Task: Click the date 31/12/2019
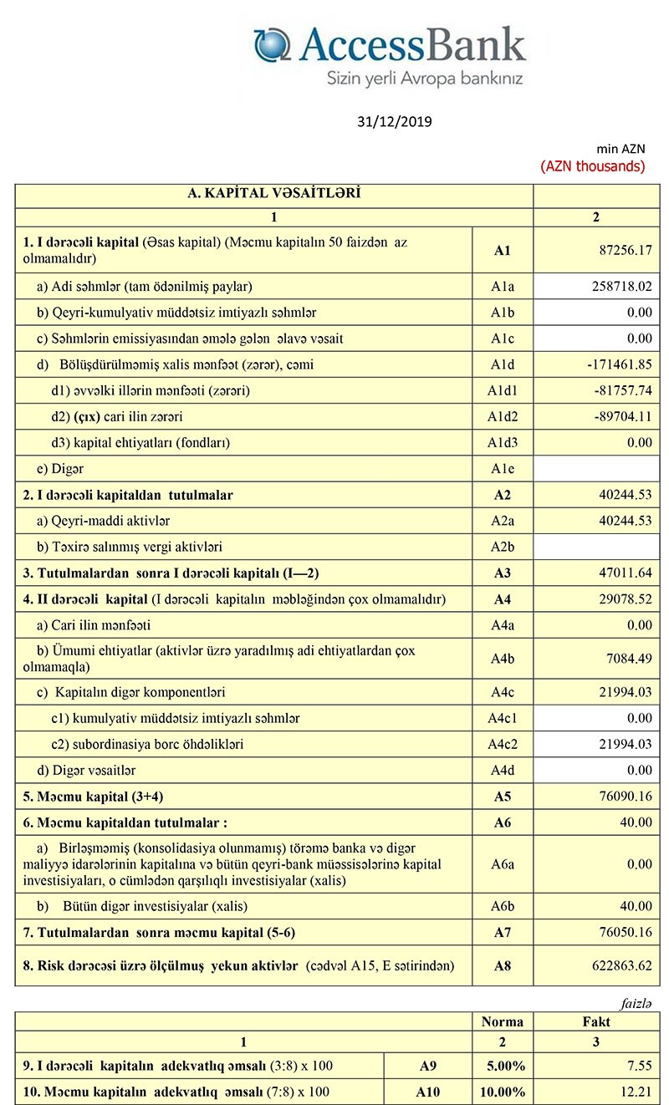pos(394,122)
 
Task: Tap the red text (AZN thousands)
pos(593,165)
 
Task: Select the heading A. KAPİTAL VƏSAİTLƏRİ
pos(273,194)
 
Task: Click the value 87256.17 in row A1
pos(620,250)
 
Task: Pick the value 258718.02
pos(616,286)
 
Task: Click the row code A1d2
pos(503,416)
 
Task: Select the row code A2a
pos(503,521)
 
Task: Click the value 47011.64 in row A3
pos(620,573)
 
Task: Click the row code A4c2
pos(503,744)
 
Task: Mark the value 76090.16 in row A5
pos(620,796)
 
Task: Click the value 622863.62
pos(617,965)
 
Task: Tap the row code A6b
pos(503,906)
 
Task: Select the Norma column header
pos(503,1021)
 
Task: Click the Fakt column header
pos(595,1021)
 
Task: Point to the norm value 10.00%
pos(506,1092)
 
